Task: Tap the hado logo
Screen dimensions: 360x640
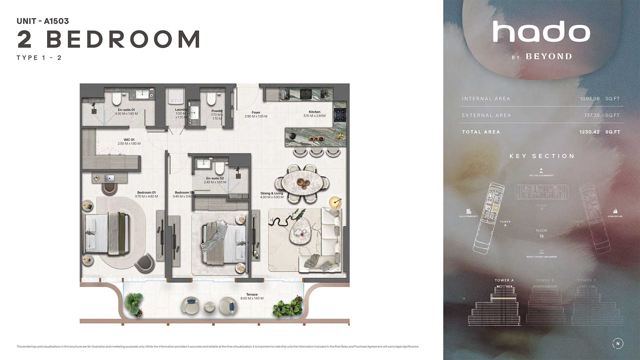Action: coord(541,32)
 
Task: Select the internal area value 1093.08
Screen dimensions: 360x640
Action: coord(589,99)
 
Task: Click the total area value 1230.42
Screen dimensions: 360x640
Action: coord(589,132)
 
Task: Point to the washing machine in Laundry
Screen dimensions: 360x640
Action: coord(175,96)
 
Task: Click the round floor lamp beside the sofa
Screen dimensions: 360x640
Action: coord(335,202)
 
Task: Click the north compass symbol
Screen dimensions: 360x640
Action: coord(618,343)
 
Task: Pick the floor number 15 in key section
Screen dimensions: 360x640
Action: coord(541,236)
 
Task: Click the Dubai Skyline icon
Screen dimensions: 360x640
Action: coord(615,211)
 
